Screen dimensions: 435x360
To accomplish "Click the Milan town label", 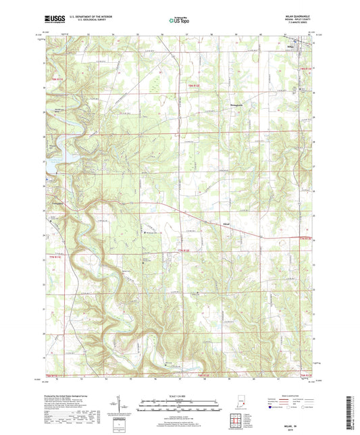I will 290,47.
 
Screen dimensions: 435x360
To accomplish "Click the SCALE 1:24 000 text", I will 179,396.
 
